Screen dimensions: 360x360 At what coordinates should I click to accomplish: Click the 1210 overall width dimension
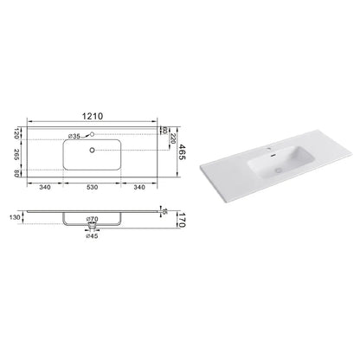[93, 116]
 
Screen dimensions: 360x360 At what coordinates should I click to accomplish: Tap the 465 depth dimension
[183, 152]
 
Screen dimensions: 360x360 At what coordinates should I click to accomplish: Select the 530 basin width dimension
[92, 187]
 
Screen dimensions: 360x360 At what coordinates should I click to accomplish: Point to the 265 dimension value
[16, 155]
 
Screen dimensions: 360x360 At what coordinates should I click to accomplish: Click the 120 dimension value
[16, 133]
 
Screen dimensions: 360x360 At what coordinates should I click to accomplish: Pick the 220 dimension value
[173, 138]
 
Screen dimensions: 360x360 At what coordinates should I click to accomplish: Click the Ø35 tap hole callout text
[74, 136]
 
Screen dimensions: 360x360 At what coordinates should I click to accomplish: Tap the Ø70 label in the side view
[93, 219]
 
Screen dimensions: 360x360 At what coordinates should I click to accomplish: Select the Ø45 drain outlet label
[92, 236]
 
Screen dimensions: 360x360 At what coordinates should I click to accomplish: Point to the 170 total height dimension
[182, 220]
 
